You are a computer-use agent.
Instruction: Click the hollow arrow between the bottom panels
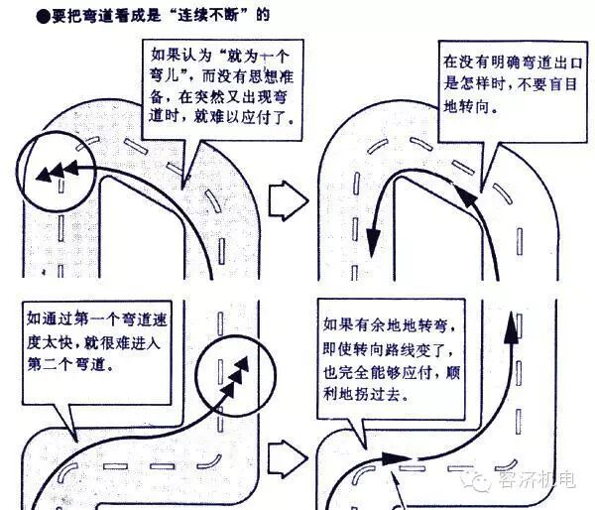(289, 455)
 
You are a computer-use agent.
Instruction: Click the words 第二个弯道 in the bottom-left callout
(70, 364)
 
